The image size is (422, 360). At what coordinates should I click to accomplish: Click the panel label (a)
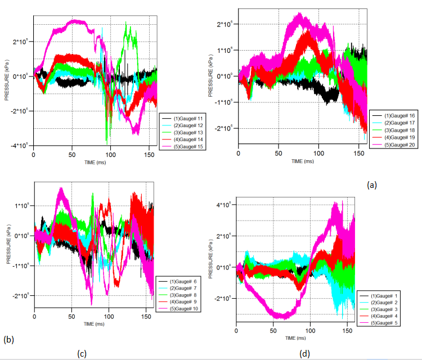click(x=371, y=184)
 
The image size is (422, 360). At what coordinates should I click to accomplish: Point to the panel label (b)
click(x=8, y=339)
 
